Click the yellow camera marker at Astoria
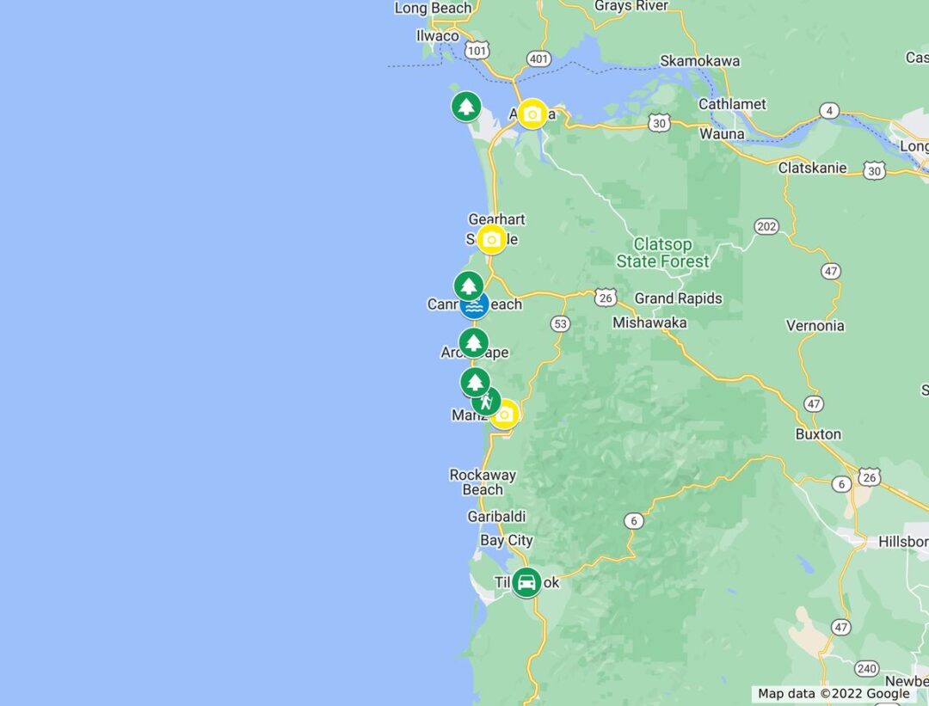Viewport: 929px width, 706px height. click(532, 114)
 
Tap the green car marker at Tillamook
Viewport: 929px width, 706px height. click(526, 583)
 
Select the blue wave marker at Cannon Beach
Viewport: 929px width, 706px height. click(474, 305)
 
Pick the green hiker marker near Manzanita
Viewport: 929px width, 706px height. click(487, 402)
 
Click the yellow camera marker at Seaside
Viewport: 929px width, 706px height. click(491, 240)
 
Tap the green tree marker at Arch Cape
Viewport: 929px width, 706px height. click(473, 343)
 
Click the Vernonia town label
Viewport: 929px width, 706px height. click(815, 326)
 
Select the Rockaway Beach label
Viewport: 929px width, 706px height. click(483, 482)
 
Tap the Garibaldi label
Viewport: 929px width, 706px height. click(496, 516)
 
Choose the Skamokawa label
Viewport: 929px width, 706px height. click(699, 61)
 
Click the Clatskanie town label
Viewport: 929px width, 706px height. click(812, 168)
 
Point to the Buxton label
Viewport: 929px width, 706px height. click(818, 434)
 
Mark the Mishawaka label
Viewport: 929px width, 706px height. click(649, 322)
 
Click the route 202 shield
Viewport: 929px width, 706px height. click(766, 226)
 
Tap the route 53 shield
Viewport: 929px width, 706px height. click(561, 323)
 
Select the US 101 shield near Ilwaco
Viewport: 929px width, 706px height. click(477, 51)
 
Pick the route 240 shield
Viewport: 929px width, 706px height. click(866, 669)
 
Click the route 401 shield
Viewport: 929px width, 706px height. click(538, 58)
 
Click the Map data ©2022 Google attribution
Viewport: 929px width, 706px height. click(834, 694)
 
